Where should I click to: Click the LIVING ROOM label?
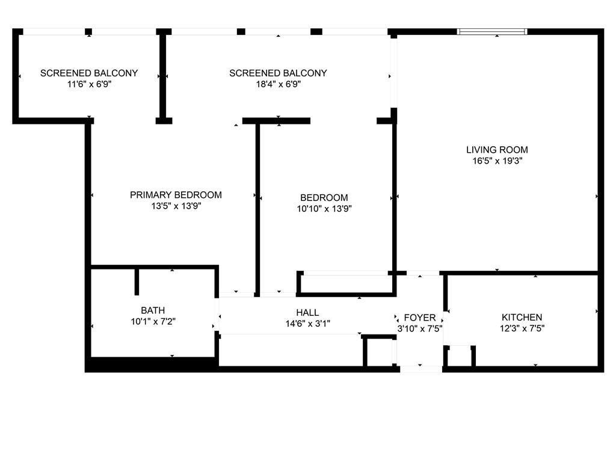click(x=497, y=150)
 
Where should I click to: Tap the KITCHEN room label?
click(x=522, y=317)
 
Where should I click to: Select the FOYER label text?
click(x=419, y=318)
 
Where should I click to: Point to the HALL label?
click(x=307, y=312)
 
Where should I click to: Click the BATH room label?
click(x=153, y=310)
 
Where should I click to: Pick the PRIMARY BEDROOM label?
click(x=176, y=195)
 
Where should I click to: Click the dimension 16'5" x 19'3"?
click(x=497, y=161)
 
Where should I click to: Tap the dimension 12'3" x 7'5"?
click(x=522, y=328)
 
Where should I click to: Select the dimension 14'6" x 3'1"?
click(x=307, y=324)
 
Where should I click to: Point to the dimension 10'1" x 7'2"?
click(x=153, y=321)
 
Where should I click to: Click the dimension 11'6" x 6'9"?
click(x=89, y=84)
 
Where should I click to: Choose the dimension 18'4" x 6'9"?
click(x=278, y=84)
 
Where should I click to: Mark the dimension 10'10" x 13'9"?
click(x=324, y=209)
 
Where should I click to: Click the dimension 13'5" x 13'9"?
click(x=176, y=206)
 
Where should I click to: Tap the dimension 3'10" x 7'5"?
click(x=419, y=328)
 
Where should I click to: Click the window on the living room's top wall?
click(x=492, y=31)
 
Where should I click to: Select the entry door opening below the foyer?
click(x=420, y=369)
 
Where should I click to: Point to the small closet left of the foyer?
click(x=379, y=351)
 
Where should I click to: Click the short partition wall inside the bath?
click(x=137, y=281)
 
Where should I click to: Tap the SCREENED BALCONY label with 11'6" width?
click(x=89, y=73)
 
